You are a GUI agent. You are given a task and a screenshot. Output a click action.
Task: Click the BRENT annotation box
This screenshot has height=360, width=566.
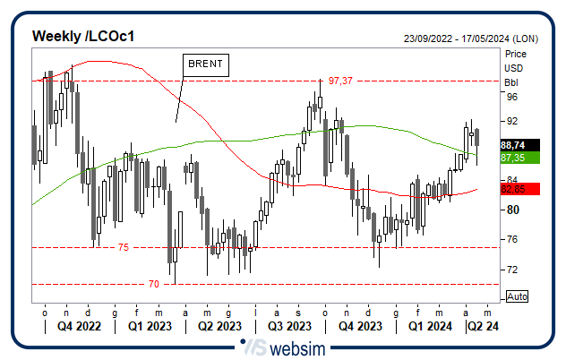(206, 64)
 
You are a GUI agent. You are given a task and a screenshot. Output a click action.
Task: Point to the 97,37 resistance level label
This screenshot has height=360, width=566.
(340, 81)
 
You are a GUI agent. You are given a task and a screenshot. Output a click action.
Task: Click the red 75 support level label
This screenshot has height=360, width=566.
(124, 247)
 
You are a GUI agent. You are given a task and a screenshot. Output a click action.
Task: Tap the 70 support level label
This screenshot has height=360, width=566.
(154, 284)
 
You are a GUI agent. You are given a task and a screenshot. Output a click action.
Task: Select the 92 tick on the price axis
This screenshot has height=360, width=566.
(512, 121)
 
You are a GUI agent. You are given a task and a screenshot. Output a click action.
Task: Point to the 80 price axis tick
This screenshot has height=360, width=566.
(512, 210)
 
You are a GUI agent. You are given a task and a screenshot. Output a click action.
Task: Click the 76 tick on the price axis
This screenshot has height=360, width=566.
(512, 239)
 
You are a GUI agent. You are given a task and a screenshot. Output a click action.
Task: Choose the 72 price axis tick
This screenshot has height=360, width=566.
(512, 269)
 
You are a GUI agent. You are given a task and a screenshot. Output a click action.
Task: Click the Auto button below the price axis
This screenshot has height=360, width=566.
(517, 296)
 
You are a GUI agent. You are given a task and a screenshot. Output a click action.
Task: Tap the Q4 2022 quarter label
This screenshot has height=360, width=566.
(78, 327)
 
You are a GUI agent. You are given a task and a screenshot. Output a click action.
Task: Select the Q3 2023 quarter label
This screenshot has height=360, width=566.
(288, 327)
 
